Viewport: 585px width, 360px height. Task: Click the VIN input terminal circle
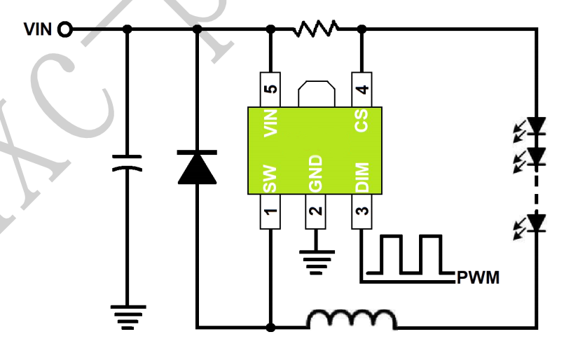(x=64, y=29)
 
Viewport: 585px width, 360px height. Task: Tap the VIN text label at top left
(x=39, y=29)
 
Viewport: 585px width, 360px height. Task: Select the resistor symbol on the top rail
(x=317, y=29)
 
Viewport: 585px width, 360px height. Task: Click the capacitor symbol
(x=128, y=163)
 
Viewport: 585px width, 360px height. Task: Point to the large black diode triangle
(x=197, y=167)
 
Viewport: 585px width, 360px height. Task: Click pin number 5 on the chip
(x=271, y=89)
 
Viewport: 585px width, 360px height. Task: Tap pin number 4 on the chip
(x=362, y=89)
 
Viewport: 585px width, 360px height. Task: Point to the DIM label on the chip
(x=362, y=175)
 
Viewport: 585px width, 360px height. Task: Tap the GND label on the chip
(x=316, y=173)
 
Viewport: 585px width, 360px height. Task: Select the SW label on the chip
(x=271, y=178)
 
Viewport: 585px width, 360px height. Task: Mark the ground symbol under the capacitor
(x=128, y=316)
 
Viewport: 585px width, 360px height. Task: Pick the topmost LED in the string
(x=536, y=126)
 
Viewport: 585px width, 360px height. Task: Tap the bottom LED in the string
(x=536, y=223)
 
